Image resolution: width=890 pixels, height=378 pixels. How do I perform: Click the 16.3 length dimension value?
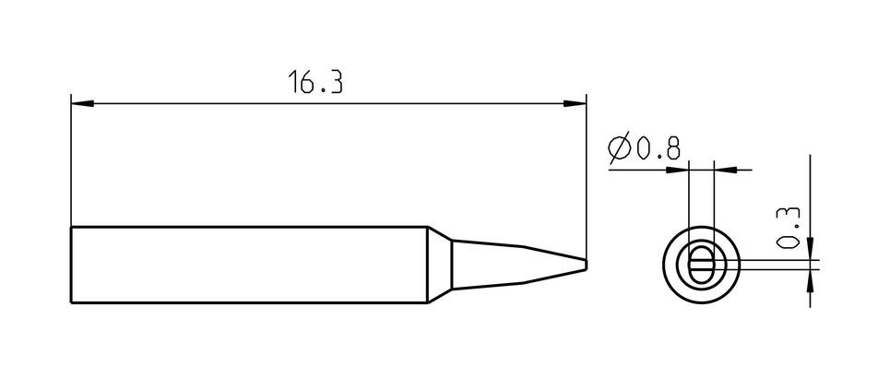click(x=315, y=82)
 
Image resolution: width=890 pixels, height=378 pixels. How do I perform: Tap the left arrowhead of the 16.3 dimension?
click(x=82, y=104)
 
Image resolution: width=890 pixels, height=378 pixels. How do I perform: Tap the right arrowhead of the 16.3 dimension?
click(x=575, y=104)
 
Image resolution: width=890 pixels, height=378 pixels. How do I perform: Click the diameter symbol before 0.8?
click(x=619, y=148)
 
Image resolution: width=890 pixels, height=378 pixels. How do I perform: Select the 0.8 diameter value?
click(x=658, y=148)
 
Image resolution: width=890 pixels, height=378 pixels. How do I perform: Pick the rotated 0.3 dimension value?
click(x=788, y=227)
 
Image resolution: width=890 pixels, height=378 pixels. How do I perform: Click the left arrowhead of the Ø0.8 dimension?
click(x=677, y=170)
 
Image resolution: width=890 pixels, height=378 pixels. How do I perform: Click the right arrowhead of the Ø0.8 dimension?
click(x=725, y=170)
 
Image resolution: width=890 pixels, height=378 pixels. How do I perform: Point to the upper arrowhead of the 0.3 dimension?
click(x=810, y=249)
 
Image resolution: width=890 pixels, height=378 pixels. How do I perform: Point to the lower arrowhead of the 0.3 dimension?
click(x=810, y=279)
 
